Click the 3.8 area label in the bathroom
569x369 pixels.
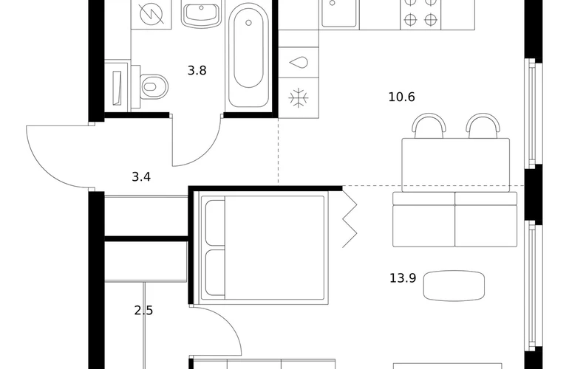point(197,70)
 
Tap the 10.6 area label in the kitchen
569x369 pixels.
point(401,97)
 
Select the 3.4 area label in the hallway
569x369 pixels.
point(141,177)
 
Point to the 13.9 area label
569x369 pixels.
point(403,278)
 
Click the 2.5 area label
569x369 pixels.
point(143,311)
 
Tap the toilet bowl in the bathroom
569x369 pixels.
point(154,86)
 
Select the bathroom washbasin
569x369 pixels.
point(201,15)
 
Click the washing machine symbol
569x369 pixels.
point(151,15)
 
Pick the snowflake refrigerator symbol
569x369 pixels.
point(299,98)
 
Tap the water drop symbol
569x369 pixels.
point(299,63)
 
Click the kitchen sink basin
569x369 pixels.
point(339,13)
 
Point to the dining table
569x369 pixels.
point(456,165)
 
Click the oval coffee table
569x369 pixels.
point(454,286)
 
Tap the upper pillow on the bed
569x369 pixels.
point(215,222)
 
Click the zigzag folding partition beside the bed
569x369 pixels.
point(350,218)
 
